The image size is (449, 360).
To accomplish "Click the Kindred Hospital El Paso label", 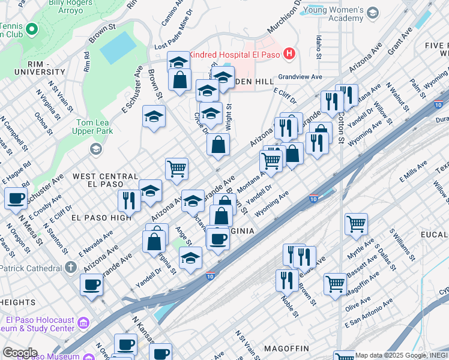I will (236, 55).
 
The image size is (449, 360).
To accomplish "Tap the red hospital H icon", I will (290, 54).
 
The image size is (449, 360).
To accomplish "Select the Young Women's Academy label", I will (333, 15).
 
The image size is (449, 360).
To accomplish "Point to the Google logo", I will (19, 352).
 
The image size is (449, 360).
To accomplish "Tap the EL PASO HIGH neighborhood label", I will (100, 217).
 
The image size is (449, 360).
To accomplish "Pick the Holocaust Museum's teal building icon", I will (82, 324).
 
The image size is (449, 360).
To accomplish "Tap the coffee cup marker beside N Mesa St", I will (16, 198).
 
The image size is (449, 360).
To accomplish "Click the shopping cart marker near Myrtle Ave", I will (357, 224).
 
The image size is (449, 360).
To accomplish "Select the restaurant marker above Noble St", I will (288, 280).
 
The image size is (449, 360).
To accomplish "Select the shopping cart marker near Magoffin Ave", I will (335, 284).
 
